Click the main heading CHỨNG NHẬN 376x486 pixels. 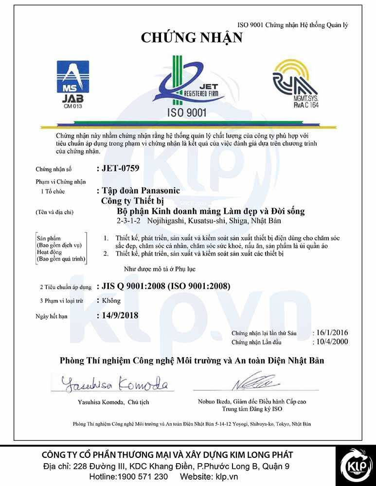pos(191,38)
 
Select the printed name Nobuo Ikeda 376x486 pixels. pos(215,402)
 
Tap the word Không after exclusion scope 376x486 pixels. pos(111,301)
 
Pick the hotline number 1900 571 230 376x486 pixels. pos(144,477)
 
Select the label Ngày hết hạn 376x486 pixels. pos(52,316)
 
